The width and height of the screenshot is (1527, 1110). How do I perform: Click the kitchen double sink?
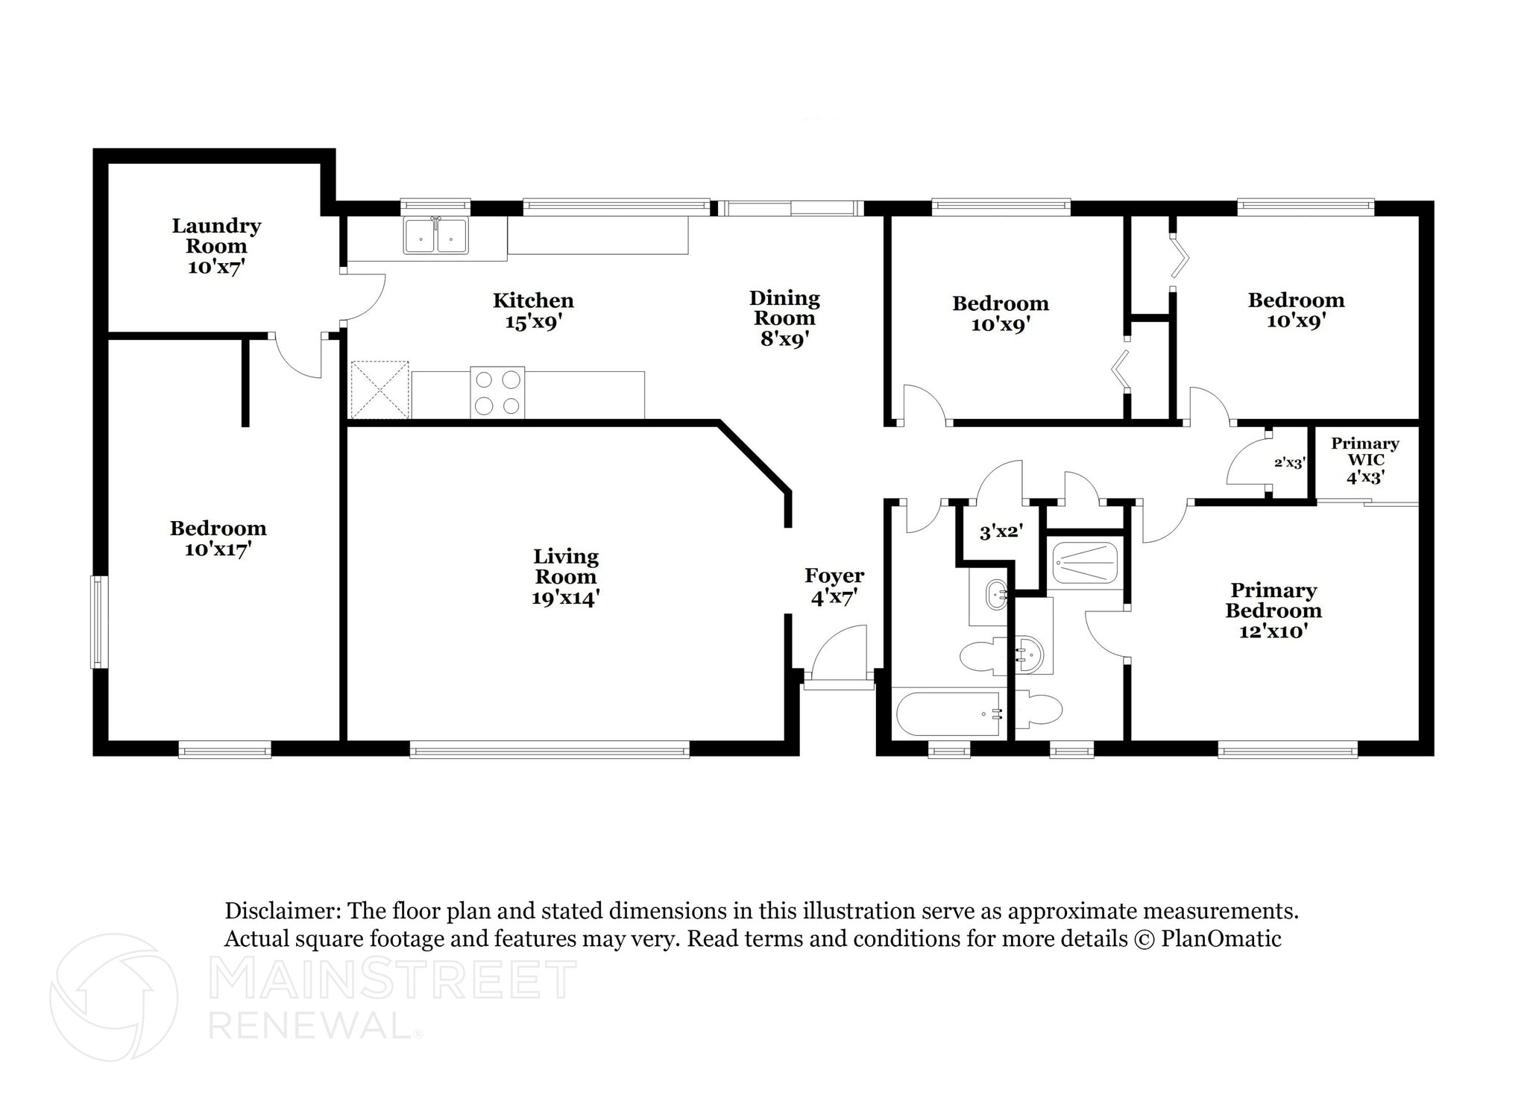(x=436, y=236)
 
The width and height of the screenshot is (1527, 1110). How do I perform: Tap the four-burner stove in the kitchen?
(x=497, y=392)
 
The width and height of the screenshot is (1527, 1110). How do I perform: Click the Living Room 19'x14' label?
(x=566, y=577)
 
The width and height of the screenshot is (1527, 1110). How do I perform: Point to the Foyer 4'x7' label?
(x=834, y=586)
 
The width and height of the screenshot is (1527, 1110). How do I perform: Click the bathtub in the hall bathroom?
(x=948, y=713)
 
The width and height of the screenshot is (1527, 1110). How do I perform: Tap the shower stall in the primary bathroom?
(x=1085, y=563)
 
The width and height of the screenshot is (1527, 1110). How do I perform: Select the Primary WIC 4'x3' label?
(x=1365, y=460)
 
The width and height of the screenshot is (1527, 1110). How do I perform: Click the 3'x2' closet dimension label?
(x=1001, y=532)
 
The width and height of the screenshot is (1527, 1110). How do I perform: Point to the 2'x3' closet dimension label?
(x=1289, y=463)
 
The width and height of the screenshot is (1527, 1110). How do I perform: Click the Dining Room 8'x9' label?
(x=784, y=318)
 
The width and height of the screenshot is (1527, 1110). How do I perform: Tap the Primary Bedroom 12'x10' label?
(x=1273, y=611)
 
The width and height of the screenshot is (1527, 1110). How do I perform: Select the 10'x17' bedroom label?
(x=218, y=539)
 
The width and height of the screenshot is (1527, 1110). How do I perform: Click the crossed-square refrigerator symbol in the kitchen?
(x=380, y=390)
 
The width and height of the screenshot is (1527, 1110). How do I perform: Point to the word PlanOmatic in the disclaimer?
(x=1221, y=939)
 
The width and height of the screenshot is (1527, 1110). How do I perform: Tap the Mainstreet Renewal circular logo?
(x=113, y=997)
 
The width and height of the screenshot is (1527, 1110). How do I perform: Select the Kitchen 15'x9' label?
(x=533, y=312)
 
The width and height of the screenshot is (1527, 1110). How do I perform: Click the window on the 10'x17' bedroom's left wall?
(x=99, y=622)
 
